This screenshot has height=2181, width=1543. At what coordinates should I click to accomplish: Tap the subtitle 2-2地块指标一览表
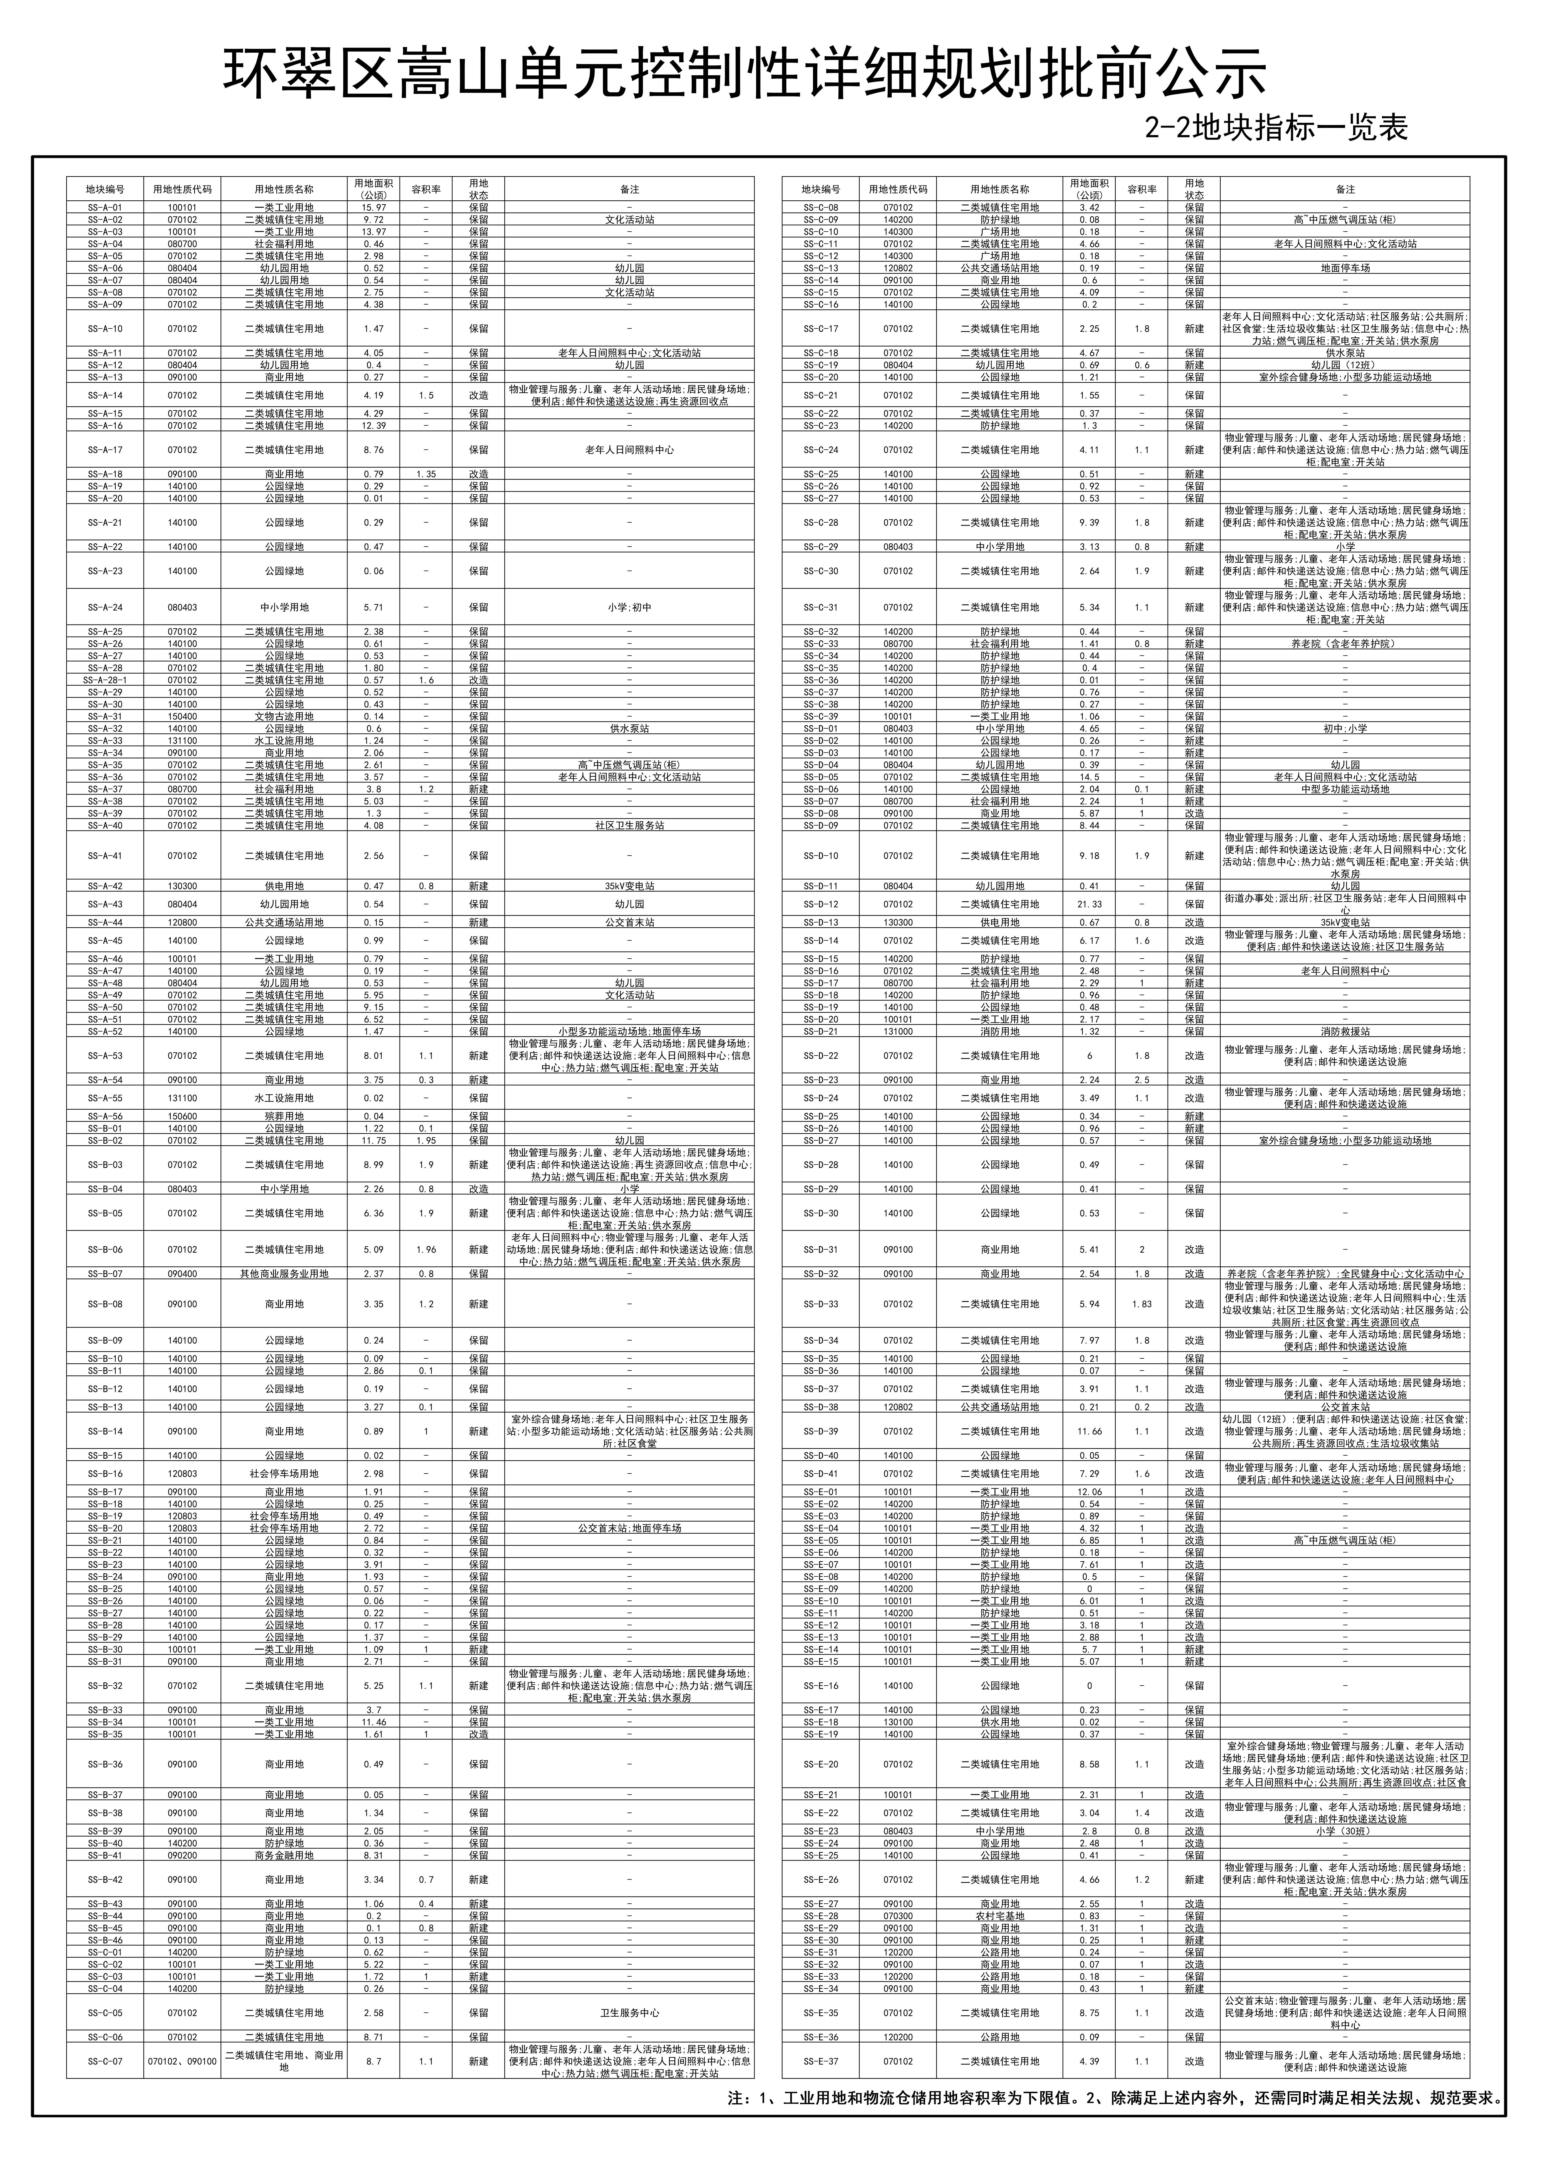(1276, 127)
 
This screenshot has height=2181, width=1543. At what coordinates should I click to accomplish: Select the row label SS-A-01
(104, 207)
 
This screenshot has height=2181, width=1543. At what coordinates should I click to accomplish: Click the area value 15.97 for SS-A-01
(372, 207)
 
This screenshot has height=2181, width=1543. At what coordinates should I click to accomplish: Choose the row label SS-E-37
(821, 2061)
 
